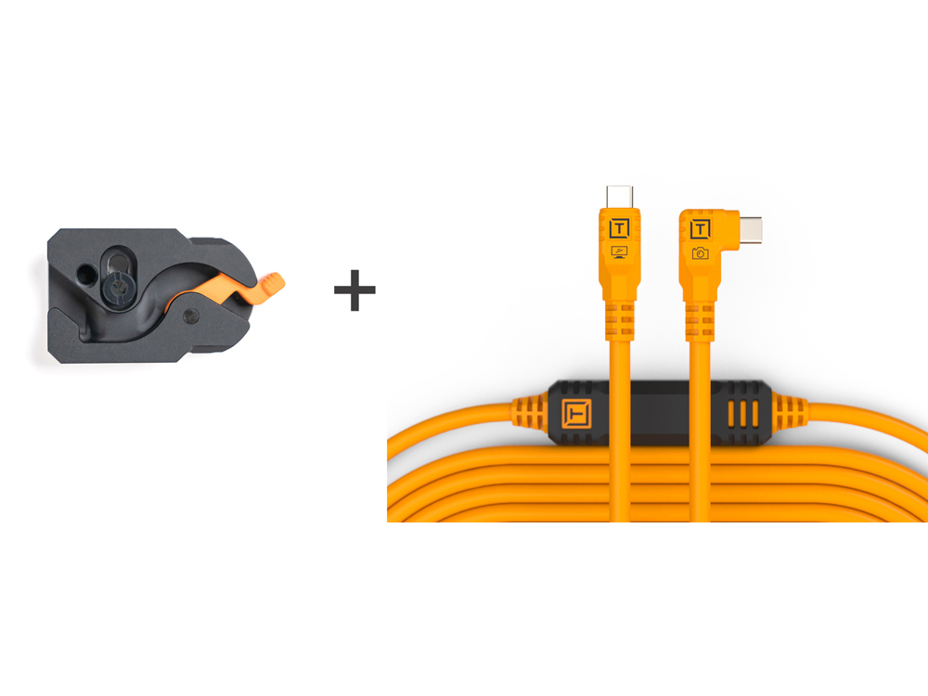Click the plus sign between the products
[354, 290]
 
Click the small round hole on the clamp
[85, 275]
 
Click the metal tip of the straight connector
[619, 197]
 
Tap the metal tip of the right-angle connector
[753, 227]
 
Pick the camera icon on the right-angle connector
[700, 252]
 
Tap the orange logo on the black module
[575, 412]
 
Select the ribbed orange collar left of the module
[527, 412]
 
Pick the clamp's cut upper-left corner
[56, 238]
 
